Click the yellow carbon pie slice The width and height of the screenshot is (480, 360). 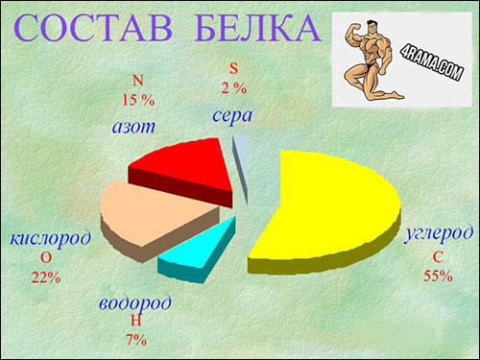coord(331,206)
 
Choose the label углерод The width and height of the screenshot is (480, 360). coord(437,233)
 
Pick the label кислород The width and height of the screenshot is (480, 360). coord(50,237)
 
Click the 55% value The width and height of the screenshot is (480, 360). coord(437,276)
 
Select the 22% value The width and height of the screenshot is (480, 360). coord(46,277)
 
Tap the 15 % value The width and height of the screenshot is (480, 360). coord(137,98)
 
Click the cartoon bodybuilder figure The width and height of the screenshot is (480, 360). coord(371,60)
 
